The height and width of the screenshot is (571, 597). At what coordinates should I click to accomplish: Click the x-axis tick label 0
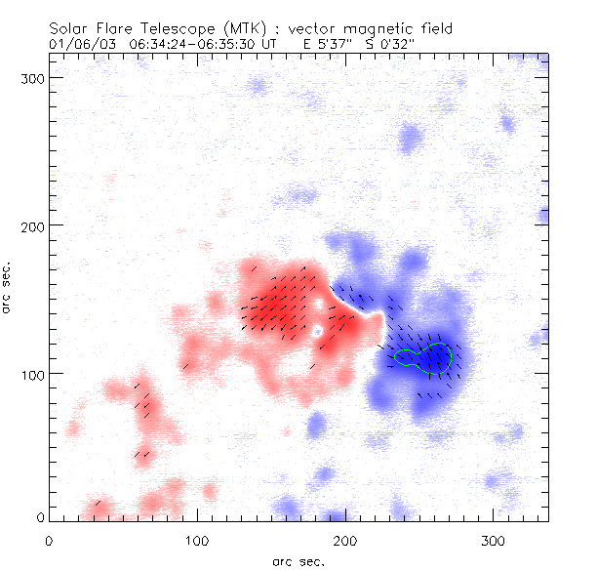click(x=49, y=539)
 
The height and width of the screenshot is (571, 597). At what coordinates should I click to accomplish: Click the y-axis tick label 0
click(x=39, y=516)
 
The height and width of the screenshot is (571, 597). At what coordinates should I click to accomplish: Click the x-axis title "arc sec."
click(x=298, y=560)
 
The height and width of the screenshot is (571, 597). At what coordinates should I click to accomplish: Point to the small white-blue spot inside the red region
click(x=317, y=332)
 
